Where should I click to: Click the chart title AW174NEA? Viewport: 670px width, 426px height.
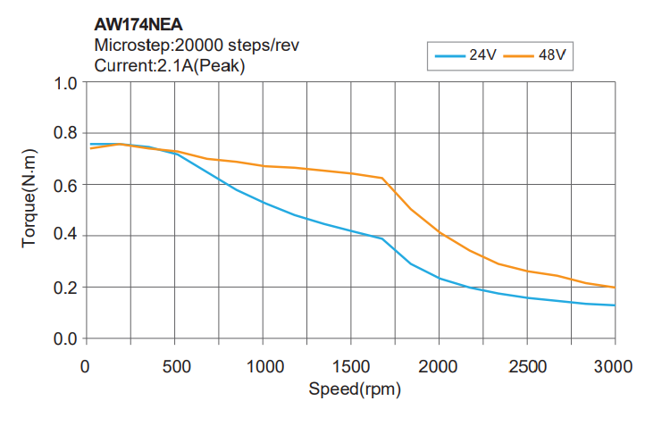(x=138, y=26)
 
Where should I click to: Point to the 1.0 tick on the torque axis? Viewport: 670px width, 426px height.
(x=65, y=85)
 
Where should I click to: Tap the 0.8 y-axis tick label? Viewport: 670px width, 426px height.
(x=65, y=134)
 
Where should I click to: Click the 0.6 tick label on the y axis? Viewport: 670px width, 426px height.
(x=65, y=185)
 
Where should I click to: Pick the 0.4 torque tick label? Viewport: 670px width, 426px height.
(x=65, y=236)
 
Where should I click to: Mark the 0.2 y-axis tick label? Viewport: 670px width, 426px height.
(x=65, y=288)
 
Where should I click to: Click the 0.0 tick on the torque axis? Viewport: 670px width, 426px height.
(x=65, y=339)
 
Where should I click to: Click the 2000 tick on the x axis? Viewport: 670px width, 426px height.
(x=439, y=366)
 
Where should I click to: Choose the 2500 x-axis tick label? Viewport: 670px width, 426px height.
(x=527, y=366)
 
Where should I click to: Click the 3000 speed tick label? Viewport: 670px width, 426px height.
(x=616, y=366)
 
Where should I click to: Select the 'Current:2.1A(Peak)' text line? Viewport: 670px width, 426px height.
(x=169, y=65)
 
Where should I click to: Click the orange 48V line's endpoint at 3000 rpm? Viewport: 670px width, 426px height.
(x=615, y=288)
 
